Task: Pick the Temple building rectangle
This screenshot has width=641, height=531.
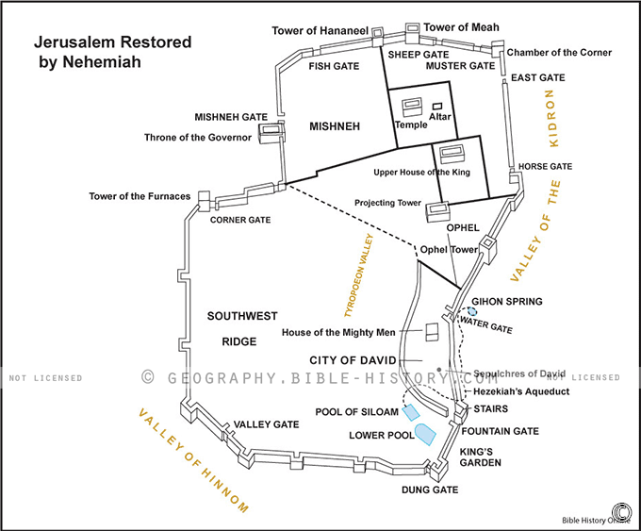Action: point(411,107)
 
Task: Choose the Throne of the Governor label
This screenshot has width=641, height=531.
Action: point(198,138)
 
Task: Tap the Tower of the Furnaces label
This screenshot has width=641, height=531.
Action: point(140,196)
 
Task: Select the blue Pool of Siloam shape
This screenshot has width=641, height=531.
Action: point(411,409)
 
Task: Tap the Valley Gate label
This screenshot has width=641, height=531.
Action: point(267,424)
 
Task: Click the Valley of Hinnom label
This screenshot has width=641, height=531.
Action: point(193,460)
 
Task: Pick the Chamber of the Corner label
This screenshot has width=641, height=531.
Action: point(559,52)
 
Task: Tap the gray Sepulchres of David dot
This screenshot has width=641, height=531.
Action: point(439,370)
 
